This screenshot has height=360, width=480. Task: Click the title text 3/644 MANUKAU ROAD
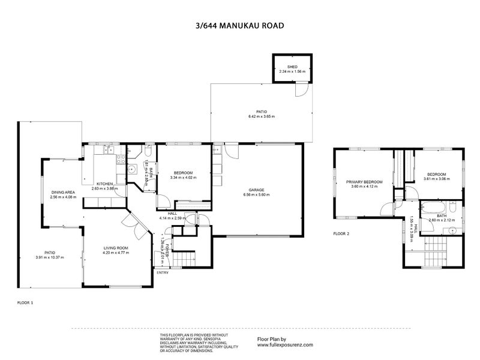click(x=240, y=26)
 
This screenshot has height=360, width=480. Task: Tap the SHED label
click(x=292, y=67)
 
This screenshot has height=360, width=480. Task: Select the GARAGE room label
click(x=253, y=190)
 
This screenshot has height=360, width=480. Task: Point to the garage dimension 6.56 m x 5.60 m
click(x=253, y=195)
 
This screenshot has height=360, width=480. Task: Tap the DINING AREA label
click(x=63, y=192)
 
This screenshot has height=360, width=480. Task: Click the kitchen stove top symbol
click(x=120, y=160)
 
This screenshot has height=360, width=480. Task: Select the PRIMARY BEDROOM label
click(x=364, y=181)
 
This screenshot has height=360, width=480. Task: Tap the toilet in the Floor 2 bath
click(x=455, y=208)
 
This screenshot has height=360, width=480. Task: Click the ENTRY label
click(x=163, y=273)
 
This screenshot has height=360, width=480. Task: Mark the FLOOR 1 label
click(x=25, y=304)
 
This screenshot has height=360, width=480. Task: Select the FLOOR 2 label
click(x=341, y=233)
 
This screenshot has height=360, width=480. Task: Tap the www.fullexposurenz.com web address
click(x=286, y=346)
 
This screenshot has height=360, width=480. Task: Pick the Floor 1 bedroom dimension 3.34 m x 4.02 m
click(x=183, y=178)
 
